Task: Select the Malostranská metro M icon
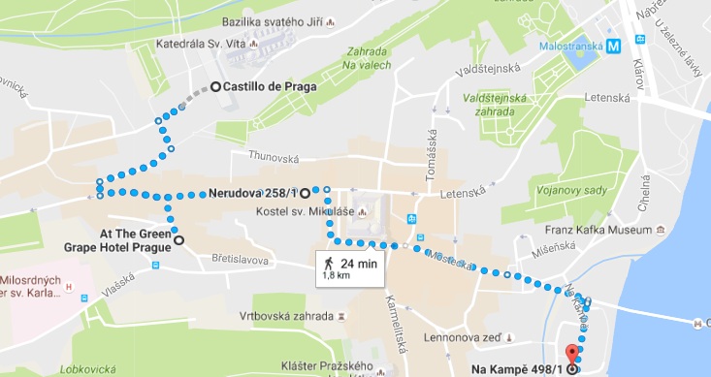[x=613, y=43]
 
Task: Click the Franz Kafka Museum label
[x=602, y=230]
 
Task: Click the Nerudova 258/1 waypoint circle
[x=305, y=192]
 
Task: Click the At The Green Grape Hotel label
[x=133, y=239]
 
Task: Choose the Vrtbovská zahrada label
[x=286, y=317]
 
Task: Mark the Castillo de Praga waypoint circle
[x=214, y=88]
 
